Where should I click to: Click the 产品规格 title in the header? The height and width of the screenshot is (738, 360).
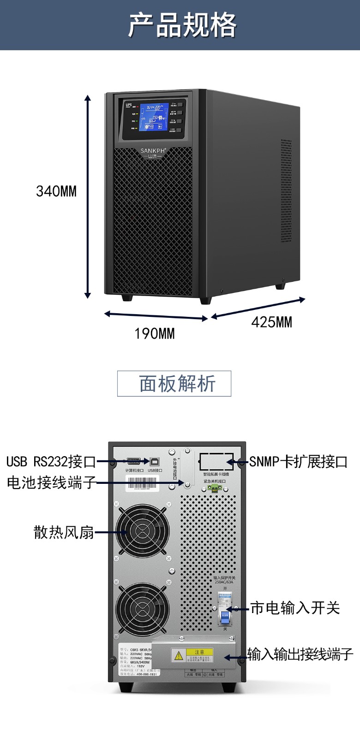(182, 25)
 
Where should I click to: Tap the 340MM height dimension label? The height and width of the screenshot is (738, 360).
(56, 191)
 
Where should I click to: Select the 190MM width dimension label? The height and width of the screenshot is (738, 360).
(155, 333)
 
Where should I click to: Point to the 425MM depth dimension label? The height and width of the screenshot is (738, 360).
(271, 322)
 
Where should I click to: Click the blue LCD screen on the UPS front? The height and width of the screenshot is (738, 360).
(154, 116)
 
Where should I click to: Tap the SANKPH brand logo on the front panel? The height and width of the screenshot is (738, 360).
(153, 150)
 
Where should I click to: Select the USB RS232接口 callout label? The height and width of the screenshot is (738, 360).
(51, 462)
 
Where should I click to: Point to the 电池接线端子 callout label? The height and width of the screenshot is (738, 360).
(51, 482)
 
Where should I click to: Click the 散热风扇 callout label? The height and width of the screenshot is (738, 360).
(64, 532)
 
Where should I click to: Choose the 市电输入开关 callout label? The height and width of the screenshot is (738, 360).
(295, 608)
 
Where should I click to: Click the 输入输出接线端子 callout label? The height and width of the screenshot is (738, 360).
(300, 654)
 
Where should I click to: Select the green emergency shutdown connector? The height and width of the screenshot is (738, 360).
(215, 488)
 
